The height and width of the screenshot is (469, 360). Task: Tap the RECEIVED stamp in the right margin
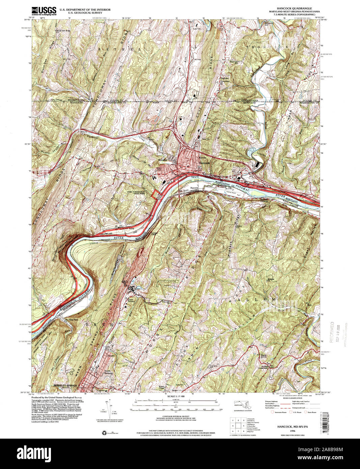coord(332,332)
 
